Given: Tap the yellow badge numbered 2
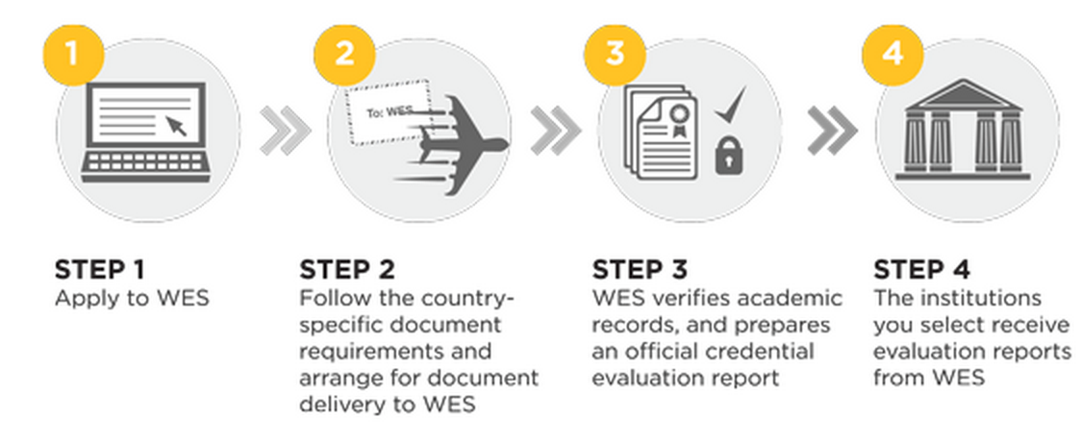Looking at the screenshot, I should tap(344, 53).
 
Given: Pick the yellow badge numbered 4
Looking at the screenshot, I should tap(892, 53).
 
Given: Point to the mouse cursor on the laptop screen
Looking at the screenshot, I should tap(177, 126).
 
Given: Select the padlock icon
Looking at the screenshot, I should tap(731, 154).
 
